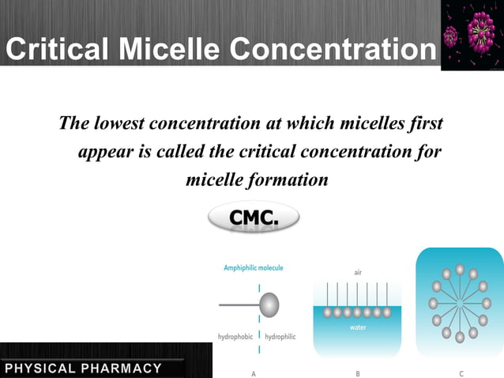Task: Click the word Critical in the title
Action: (x=57, y=50)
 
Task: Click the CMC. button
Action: (x=254, y=217)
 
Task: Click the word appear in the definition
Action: (x=105, y=152)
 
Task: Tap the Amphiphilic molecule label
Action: (x=253, y=268)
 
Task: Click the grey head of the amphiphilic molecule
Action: (x=269, y=304)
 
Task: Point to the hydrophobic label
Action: (x=235, y=337)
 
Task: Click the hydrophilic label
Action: (x=280, y=337)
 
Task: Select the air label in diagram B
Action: (x=358, y=272)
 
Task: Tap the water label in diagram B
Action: (x=358, y=327)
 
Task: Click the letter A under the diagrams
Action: (x=253, y=372)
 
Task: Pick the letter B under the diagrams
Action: (x=358, y=372)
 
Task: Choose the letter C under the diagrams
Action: (x=461, y=372)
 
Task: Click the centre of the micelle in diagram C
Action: (x=459, y=303)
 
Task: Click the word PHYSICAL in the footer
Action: (x=39, y=369)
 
